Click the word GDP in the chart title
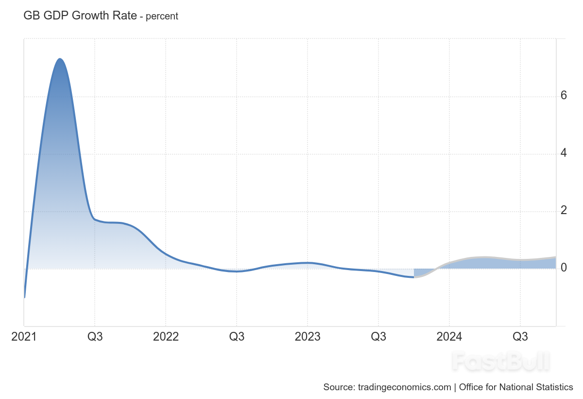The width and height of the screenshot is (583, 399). click(56, 16)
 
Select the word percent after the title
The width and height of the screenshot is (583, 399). click(162, 16)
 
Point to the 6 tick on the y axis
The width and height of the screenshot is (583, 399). click(564, 96)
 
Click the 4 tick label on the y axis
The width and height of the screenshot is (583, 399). click(564, 153)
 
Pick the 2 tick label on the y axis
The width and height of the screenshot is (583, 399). click(564, 211)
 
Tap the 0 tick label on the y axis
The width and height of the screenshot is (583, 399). click(564, 268)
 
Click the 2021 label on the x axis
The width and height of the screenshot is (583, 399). click(24, 337)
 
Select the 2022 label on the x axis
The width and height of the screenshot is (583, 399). click(166, 337)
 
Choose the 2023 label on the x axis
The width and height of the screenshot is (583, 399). click(308, 337)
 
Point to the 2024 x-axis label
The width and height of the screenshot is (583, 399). click(449, 337)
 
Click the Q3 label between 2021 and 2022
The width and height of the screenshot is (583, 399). click(95, 337)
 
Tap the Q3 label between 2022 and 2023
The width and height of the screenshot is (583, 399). click(237, 337)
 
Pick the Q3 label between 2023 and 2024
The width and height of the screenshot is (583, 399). click(378, 337)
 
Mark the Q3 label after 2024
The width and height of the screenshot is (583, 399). click(520, 337)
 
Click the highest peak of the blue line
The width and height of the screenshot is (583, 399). click(60, 59)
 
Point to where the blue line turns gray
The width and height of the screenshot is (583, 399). click(414, 277)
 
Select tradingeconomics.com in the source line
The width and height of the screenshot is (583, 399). click(404, 387)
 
